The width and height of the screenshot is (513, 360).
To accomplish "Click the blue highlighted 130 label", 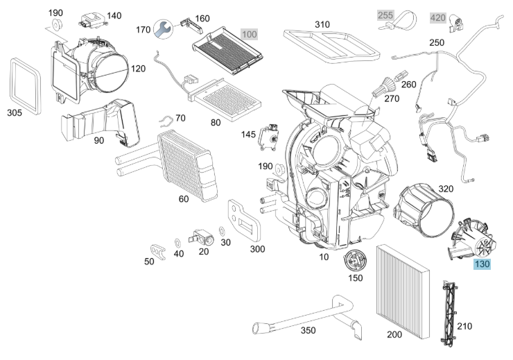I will [x=481, y=264].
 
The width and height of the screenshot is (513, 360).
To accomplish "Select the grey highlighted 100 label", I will [x=249, y=34].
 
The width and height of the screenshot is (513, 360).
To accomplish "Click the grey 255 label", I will [x=385, y=15].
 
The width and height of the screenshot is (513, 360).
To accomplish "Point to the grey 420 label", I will [x=438, y=17].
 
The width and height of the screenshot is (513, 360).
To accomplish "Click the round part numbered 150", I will [x=355, y=262].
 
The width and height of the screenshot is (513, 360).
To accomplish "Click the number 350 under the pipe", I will [x=308, y=330].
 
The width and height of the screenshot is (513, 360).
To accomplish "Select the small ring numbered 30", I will [x=221, y=230].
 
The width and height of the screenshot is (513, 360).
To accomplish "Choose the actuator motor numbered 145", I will [x=269, y=135].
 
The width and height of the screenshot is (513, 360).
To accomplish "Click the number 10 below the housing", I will [x=323, y=257].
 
